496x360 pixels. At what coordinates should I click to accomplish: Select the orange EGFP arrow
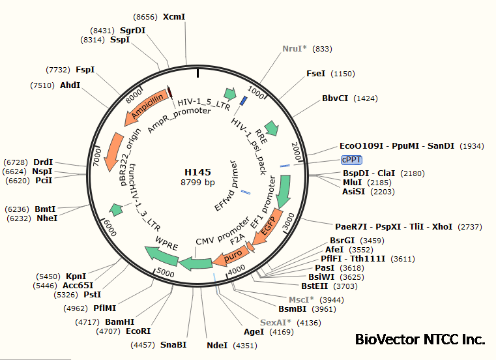(x=269, y=227)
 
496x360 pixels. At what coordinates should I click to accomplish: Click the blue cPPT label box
(x=351, y=160)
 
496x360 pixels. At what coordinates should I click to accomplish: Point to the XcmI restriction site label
(x=174, y=17)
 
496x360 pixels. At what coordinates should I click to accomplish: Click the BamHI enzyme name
(x=119, y=322)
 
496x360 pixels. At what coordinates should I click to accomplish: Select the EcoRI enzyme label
(x=138, y=331)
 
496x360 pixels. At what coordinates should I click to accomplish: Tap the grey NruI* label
(x=295, y=49)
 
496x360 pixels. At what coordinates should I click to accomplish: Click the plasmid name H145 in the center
(x=197, y=172)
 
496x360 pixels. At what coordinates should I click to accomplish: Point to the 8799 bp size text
(x=197, y=183)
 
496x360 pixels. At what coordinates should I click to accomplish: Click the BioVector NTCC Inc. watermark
(x=420, y=339)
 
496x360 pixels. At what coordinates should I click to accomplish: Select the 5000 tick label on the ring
(x=166, y=273)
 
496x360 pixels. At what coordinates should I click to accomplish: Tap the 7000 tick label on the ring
(x=97, y=157)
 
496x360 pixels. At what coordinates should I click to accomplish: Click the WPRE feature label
(x=166, y=243)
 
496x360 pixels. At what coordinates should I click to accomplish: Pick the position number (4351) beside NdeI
(x=245, y=346)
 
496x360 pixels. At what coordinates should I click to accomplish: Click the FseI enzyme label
(x=315, y=74)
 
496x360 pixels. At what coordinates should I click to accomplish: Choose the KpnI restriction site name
(x=76, y=277)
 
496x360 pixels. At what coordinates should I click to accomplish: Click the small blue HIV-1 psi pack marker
(x=244, y=101)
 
